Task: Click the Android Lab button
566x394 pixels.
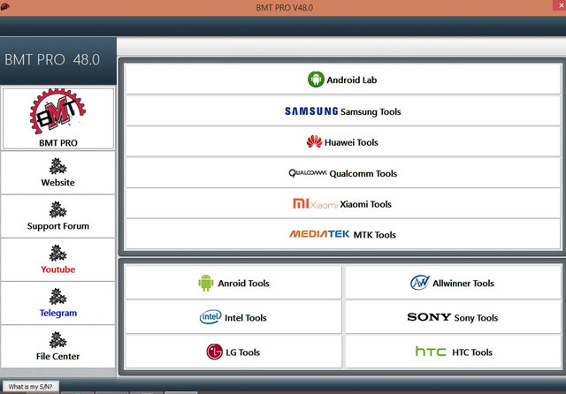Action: [343, 80]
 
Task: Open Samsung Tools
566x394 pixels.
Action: [343, 111]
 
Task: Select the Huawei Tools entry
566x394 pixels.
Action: [343, 142]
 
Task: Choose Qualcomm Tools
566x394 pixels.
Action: [343, 173]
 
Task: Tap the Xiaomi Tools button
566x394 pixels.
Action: [343, 204]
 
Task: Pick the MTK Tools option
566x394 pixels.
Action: [343, 234]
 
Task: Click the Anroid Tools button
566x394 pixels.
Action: [233, 283]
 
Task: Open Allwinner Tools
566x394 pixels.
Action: [453, 283]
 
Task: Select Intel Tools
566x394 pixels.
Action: [233, 317]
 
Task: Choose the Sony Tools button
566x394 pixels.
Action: [453, 317]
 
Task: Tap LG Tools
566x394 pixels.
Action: [233, 352]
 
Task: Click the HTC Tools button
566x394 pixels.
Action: [453, 352]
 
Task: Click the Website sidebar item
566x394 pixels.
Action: [57, 172]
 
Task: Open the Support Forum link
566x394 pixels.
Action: [57, 216]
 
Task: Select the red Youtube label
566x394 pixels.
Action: [57, 269]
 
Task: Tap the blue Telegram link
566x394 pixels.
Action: [58, 313]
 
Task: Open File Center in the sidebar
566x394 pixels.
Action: [57, 347]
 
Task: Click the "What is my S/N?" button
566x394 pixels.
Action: [30, 386]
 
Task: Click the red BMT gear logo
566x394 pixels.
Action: [57, 111]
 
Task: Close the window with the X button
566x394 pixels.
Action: [561, 5]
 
